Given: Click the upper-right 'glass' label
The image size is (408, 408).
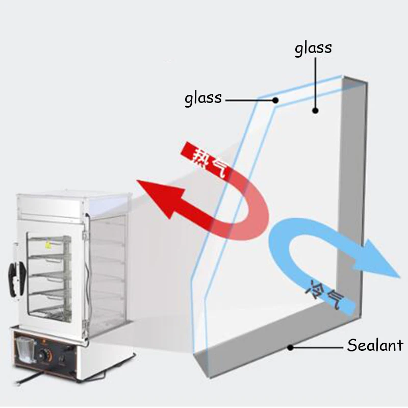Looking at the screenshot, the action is pyautogui.click(x=313, y=48).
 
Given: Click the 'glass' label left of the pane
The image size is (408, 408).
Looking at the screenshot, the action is pyautogui.click(x=203, y=99).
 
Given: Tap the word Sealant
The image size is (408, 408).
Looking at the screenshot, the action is pyautogui.click(x=375, y=345).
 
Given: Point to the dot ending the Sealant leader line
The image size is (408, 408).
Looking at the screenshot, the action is pyautogui.click(x=290, y=347).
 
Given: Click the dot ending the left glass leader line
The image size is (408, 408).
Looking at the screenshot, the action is pyautogui.click(x=275, y=100).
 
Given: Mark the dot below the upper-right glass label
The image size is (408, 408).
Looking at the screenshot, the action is pyautogui.click(x=315, y=111).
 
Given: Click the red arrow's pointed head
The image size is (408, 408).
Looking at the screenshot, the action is pyautogui.click(x=159, y=196).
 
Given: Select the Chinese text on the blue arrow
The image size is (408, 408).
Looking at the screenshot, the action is pyautogui.click(x=325, y=294).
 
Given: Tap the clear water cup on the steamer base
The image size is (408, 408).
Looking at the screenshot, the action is pyautogui.click(x=25, y=349).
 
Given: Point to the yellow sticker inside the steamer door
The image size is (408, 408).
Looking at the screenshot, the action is pyautogui.click(x=48, y=244).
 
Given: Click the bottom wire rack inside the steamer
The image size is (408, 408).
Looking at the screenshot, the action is pyautogui.click(x=50, y=312).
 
